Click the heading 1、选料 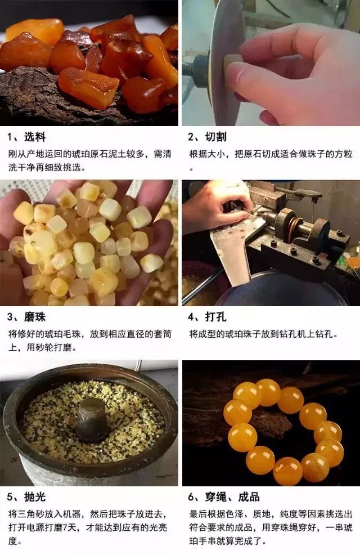point(26,137)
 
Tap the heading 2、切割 point(208,137)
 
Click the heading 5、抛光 point(26,498)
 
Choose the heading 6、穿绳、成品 point(224,498)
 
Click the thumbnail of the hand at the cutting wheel point(271,62)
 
